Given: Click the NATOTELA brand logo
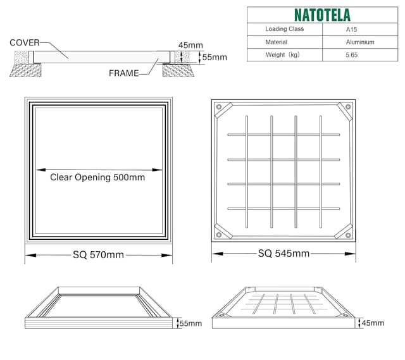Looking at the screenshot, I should click(321, 15).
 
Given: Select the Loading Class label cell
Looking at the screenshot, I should click(284, 29).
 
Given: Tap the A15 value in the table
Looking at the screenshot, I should click(351, 29).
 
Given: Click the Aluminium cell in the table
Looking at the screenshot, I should click(359, 42).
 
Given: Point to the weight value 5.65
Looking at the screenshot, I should click(352, 55).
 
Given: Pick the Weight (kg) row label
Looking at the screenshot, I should click(282, 55).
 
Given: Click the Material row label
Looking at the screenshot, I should click(277, 42).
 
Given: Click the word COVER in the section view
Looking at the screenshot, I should click(24, 42).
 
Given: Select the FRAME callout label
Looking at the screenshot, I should click(123, 73).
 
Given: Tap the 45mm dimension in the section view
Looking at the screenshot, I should click(190, 45).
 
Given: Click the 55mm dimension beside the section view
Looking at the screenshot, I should click(214, 57).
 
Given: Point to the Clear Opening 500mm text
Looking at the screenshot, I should click(97, 178).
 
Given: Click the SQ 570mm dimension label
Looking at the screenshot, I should click(98, 255).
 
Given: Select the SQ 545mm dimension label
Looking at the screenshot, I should click(283, 254).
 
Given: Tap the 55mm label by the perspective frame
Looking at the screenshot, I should click(190, 323).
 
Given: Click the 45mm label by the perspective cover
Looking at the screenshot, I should click(371, 323).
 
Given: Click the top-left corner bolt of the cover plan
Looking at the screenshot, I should click(220, 107).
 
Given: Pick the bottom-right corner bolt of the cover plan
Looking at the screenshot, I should click(347, 235).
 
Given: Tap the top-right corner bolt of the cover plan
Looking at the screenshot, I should click(347, 107).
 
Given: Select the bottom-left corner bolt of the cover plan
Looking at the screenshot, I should click(220, 235).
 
